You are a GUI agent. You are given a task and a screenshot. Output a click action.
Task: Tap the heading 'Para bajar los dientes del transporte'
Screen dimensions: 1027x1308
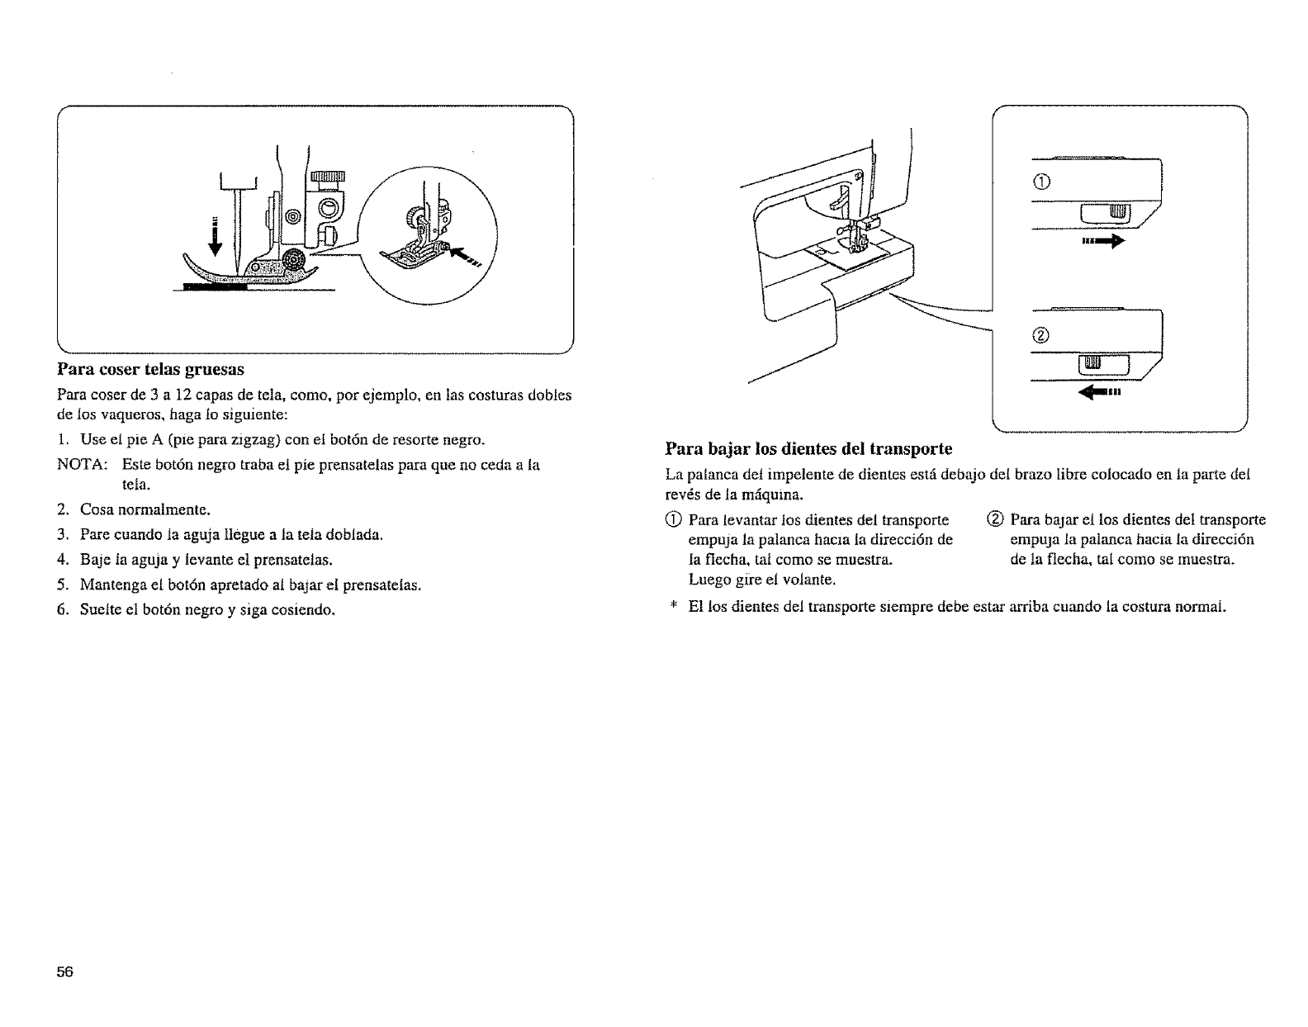click(x=808, y=449)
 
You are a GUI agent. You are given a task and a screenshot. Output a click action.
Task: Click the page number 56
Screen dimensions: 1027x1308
click(x=65, y=972)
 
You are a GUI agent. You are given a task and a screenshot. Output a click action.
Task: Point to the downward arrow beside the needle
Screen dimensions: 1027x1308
click(x=216, y=236)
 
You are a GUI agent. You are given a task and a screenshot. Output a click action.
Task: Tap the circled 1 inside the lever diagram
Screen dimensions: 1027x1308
click(x=1040, y=183)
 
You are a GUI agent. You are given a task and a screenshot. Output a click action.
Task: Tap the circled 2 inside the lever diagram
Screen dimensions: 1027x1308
click(x=1040, y=335)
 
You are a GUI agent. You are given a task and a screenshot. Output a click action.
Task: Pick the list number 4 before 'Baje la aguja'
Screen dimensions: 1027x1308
click(x=62, y=560)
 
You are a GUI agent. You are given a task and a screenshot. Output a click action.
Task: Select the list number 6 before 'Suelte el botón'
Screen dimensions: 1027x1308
click(x=62, y=610)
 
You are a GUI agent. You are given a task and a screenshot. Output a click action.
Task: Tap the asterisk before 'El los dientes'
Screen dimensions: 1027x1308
click(x=673, y=607)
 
